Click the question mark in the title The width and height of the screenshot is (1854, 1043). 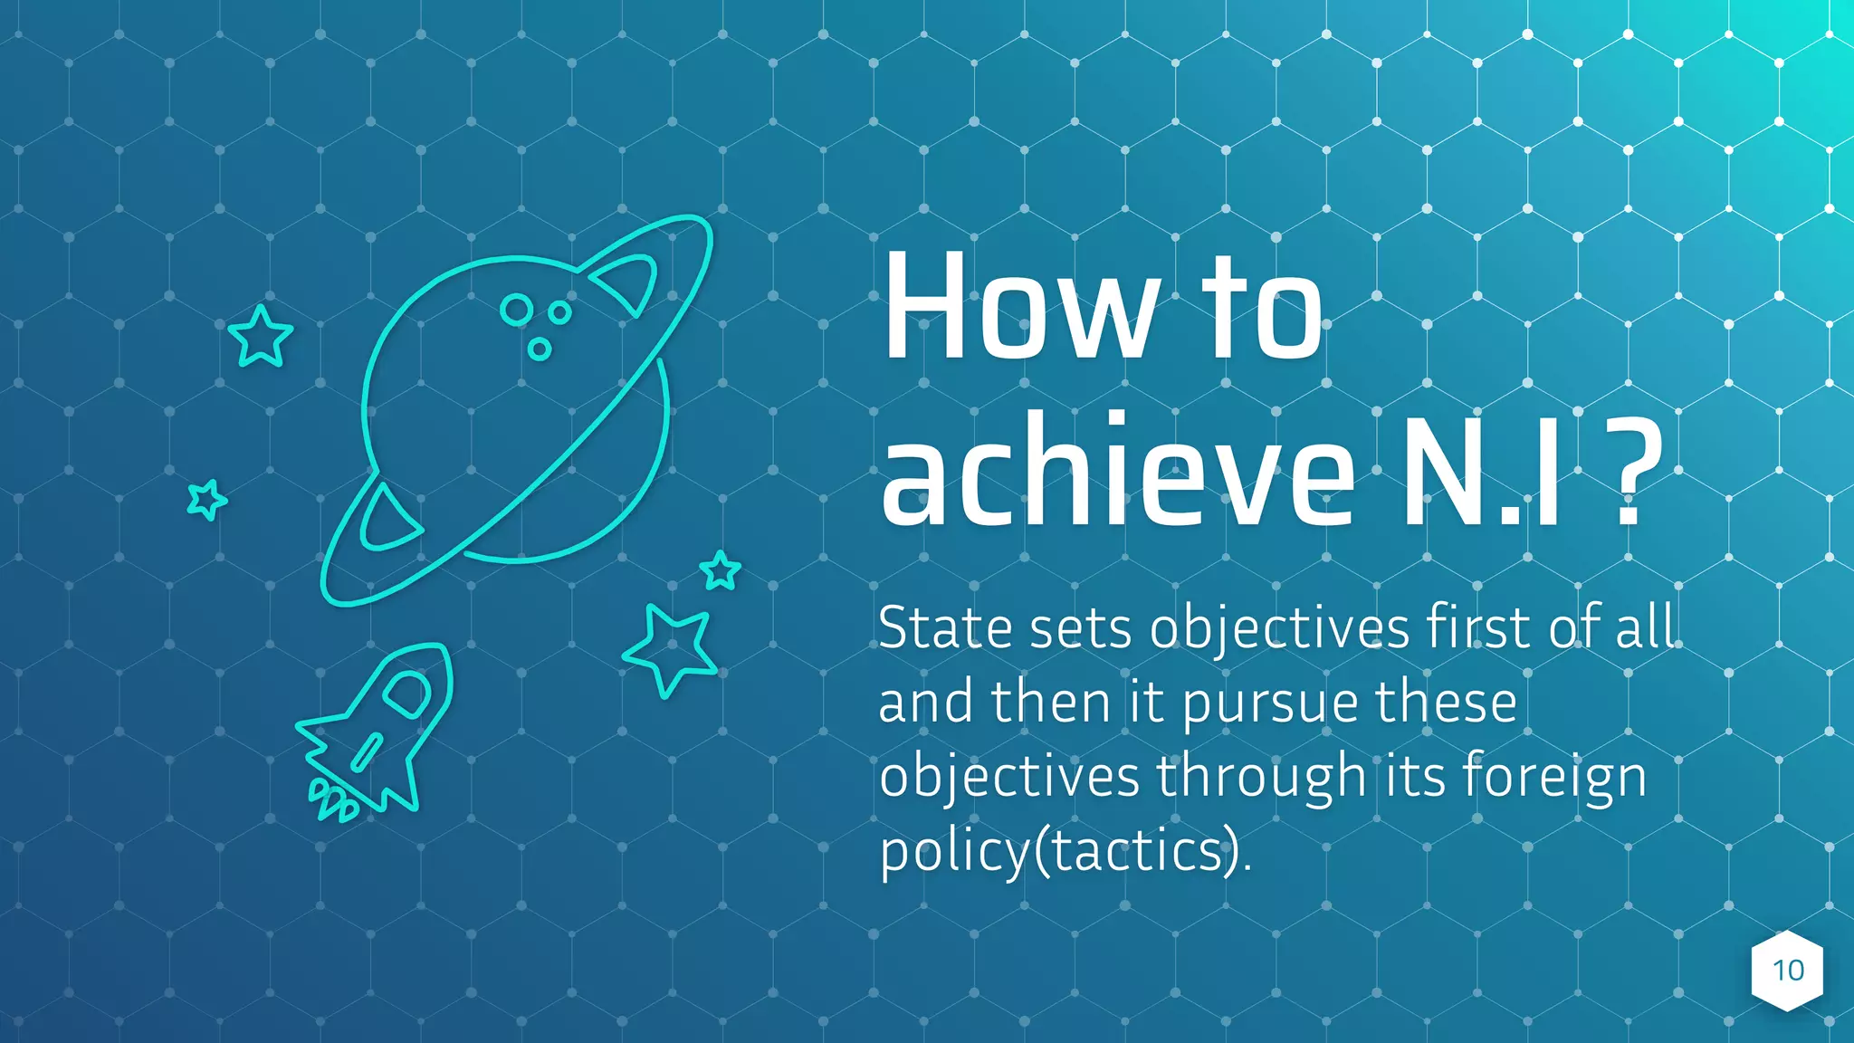(x=1637, y=473)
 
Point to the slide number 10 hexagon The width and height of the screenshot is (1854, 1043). (x=1787, y=971)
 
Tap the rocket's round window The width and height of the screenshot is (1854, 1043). (x=406, y=693)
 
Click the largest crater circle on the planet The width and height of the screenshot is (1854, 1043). (x=517, y=310)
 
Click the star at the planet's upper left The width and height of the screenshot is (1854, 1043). (x=261, y=336)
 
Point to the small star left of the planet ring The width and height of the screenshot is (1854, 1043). (x=206, y=499)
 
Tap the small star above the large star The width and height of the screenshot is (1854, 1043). (x=721, y=570)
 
